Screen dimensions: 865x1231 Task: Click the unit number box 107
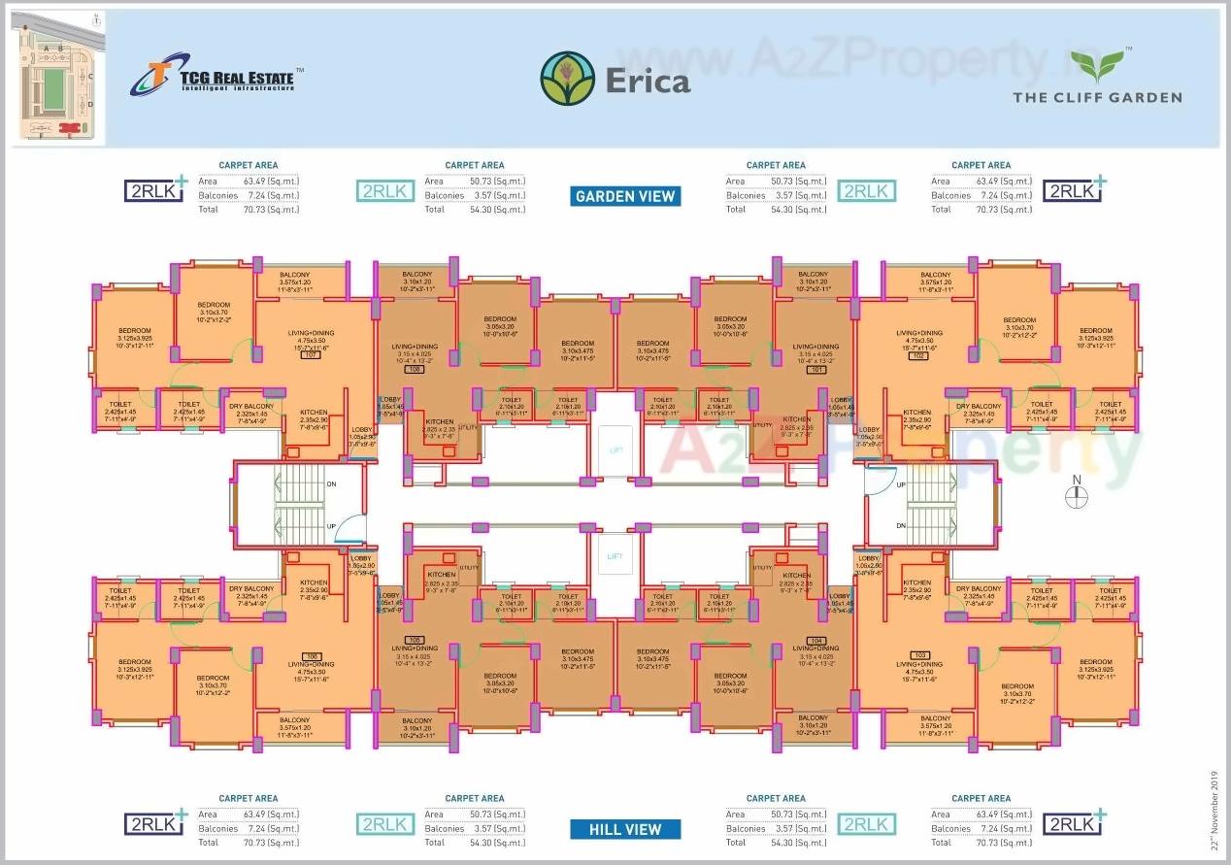point(311,355)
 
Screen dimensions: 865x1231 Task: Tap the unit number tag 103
point(920,655)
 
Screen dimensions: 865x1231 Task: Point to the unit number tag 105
point(312,655)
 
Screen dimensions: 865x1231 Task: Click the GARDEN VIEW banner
point(625,196)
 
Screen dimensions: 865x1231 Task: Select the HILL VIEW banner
point(625,829)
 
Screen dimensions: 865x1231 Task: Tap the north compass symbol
point(1076,495)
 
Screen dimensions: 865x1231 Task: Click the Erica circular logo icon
point(568,79)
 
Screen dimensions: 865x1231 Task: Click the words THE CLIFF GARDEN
point(1097,97)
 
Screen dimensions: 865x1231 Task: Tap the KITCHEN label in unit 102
point(916,413)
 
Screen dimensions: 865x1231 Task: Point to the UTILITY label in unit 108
point(466,426)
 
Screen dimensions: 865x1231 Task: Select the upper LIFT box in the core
point(615,451)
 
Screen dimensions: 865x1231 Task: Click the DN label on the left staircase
point(331,482)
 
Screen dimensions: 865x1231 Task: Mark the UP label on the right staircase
point(900,483)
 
